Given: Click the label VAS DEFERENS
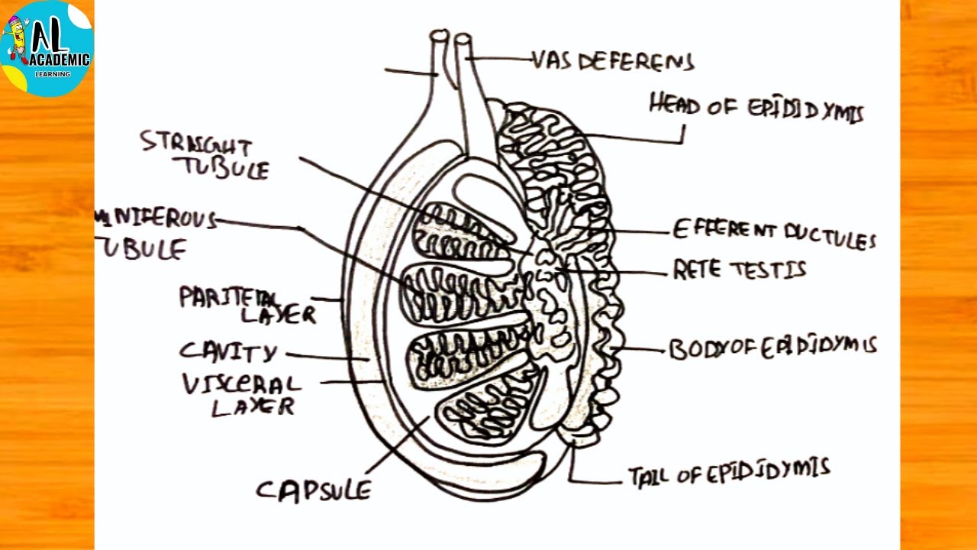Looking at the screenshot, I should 613,61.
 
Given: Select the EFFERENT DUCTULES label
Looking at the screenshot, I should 773,234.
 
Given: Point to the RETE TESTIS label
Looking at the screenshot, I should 738,270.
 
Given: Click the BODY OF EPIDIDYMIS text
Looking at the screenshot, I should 772,348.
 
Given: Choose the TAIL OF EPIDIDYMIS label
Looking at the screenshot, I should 729,473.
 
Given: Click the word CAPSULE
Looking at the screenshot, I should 313,490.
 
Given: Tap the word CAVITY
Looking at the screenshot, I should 228,352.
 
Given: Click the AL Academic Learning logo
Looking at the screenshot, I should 47,47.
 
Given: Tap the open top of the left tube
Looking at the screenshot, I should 440,35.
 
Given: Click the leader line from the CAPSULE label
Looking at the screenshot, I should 397,443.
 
